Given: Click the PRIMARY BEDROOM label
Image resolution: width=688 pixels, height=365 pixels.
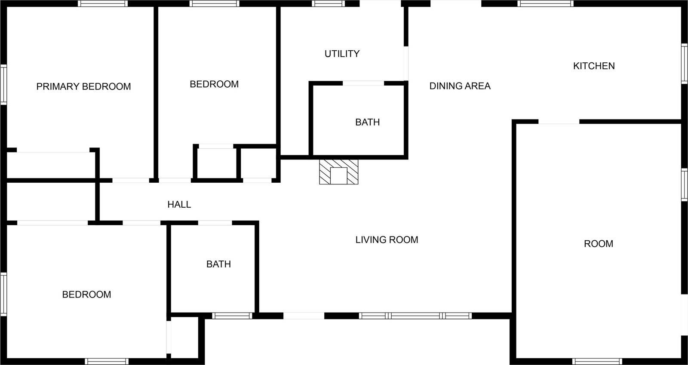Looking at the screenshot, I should click(83, 86).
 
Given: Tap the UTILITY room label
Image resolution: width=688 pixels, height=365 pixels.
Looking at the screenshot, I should click(342, 54).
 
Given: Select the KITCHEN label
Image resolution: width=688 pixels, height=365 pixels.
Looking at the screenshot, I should click(594, 66).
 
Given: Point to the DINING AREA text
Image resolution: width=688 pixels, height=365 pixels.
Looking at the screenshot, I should click(460, 86).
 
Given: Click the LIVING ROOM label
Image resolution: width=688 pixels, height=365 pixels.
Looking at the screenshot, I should click(387, 240).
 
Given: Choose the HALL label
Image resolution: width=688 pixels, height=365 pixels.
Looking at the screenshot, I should click(179, 205).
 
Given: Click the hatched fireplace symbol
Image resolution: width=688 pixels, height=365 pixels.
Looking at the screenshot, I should click(338, 172).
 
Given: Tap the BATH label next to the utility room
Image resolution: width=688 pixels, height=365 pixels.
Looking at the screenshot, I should click(367, 122).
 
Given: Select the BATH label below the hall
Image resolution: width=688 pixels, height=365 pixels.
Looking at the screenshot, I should click(218, 264).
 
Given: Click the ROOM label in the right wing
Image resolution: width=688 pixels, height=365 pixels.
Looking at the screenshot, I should click(598, 244).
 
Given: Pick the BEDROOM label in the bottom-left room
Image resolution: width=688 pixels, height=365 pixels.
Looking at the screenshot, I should click(86, 294).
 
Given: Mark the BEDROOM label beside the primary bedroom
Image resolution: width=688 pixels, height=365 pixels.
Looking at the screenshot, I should click(214, 84).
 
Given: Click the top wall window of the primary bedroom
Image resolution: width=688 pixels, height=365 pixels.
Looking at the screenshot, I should click(103, 3).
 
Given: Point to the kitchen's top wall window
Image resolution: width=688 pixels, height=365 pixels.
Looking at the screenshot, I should click(545, 3).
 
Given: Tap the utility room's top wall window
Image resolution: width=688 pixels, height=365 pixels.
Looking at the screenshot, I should click(329, 3).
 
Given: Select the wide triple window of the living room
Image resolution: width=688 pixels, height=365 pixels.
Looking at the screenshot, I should click(415, 316).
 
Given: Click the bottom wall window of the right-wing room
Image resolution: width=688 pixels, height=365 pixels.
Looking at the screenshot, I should click(597, 362).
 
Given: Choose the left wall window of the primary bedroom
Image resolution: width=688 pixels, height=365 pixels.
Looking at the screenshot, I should click(3, 84).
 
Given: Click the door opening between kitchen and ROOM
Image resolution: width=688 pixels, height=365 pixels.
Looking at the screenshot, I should click(559, 122).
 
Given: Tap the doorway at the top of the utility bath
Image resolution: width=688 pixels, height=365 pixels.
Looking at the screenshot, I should click(363, 83).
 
